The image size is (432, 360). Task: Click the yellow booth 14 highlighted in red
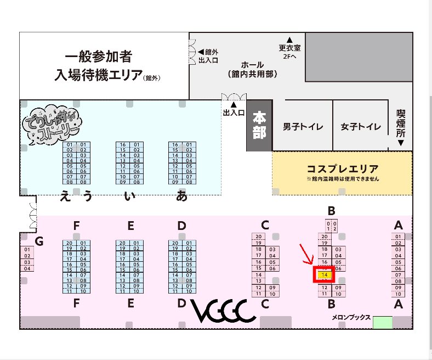[x=325, y=274]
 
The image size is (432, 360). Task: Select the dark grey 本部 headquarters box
[x=259, y=126]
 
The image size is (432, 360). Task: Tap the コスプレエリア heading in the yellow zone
[x=343, y=168]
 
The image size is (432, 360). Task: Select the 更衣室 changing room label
[x=289, y=48]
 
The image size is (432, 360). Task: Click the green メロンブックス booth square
[x=383, y=322]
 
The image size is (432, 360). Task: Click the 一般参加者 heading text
[x=99, y=57]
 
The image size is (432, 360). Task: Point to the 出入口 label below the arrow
[x=234, y=113]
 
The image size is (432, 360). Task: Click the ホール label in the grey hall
[x=253, y=65]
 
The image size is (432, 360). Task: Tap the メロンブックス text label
[x=351, y=317]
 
